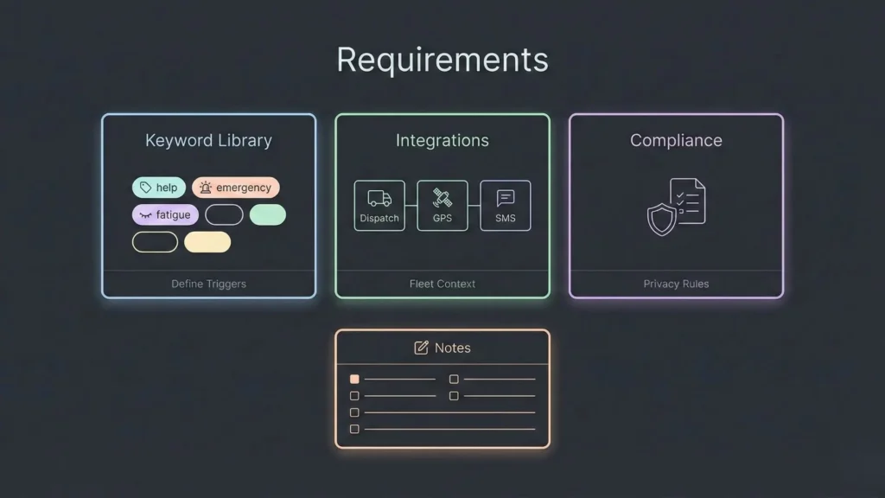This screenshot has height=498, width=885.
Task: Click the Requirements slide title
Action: pos(442,60)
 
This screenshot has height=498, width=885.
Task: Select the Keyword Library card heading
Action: pos(208,140)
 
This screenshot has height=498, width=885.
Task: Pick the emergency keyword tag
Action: pos(235,188)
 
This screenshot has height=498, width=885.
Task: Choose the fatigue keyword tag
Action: pos(165,214)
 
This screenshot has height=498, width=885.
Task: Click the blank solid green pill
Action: pos(267,214)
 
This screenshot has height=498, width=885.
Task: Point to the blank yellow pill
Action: pos(207,242)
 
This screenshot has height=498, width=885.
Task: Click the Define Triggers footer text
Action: pos(208,284)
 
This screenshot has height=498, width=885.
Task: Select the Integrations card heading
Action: pos(442,140)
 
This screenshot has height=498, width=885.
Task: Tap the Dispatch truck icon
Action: pos(379,199)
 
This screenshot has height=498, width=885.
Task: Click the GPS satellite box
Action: pos(442,206)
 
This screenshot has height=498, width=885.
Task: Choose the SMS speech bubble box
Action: pos(506,206)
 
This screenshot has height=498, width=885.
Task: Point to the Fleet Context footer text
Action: pos(442,284)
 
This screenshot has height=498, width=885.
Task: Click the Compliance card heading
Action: pos(676,140)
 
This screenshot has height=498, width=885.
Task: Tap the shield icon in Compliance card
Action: pos(662,220)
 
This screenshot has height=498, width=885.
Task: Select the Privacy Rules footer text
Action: pos(676,284)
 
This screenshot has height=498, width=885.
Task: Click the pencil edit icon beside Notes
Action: pos(422,348)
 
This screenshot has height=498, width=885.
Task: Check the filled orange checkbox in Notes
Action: pos(354,379)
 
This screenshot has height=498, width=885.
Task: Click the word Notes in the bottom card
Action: pos(453,348)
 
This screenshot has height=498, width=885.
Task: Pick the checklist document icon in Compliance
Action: pos(688,201)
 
